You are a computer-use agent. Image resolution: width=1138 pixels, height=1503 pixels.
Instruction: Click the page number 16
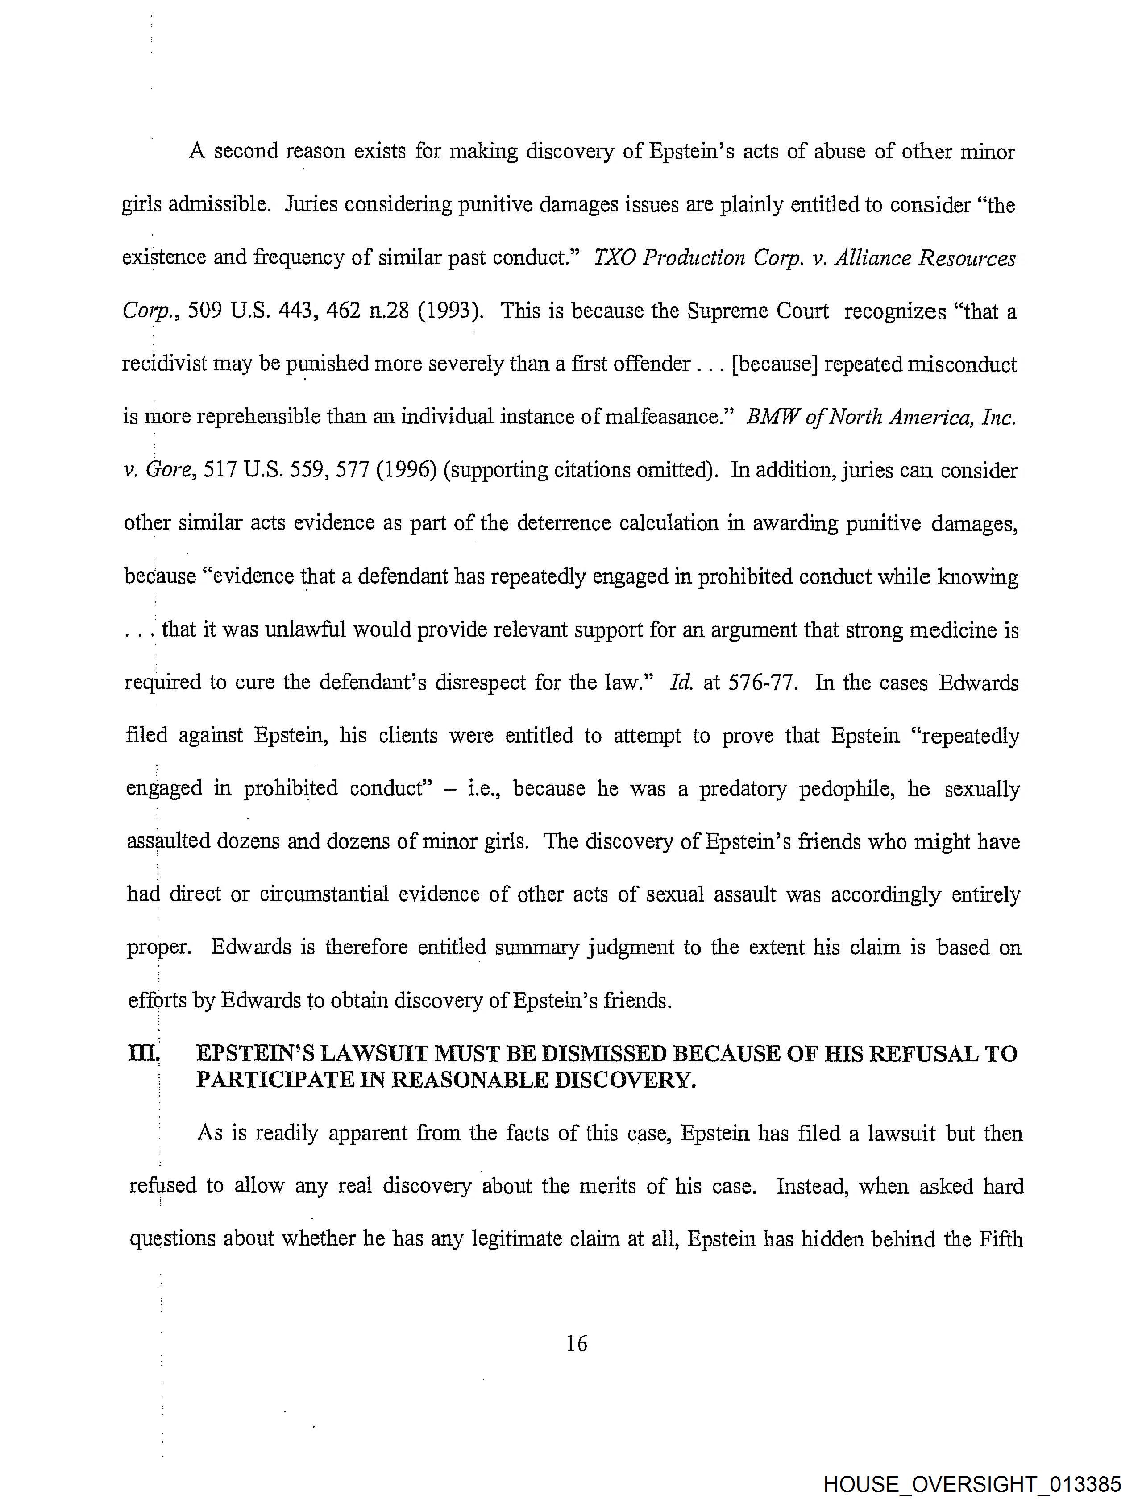[x=576, y=1343]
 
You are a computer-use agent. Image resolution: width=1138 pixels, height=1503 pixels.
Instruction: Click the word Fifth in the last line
[x=1001, y=1239]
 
